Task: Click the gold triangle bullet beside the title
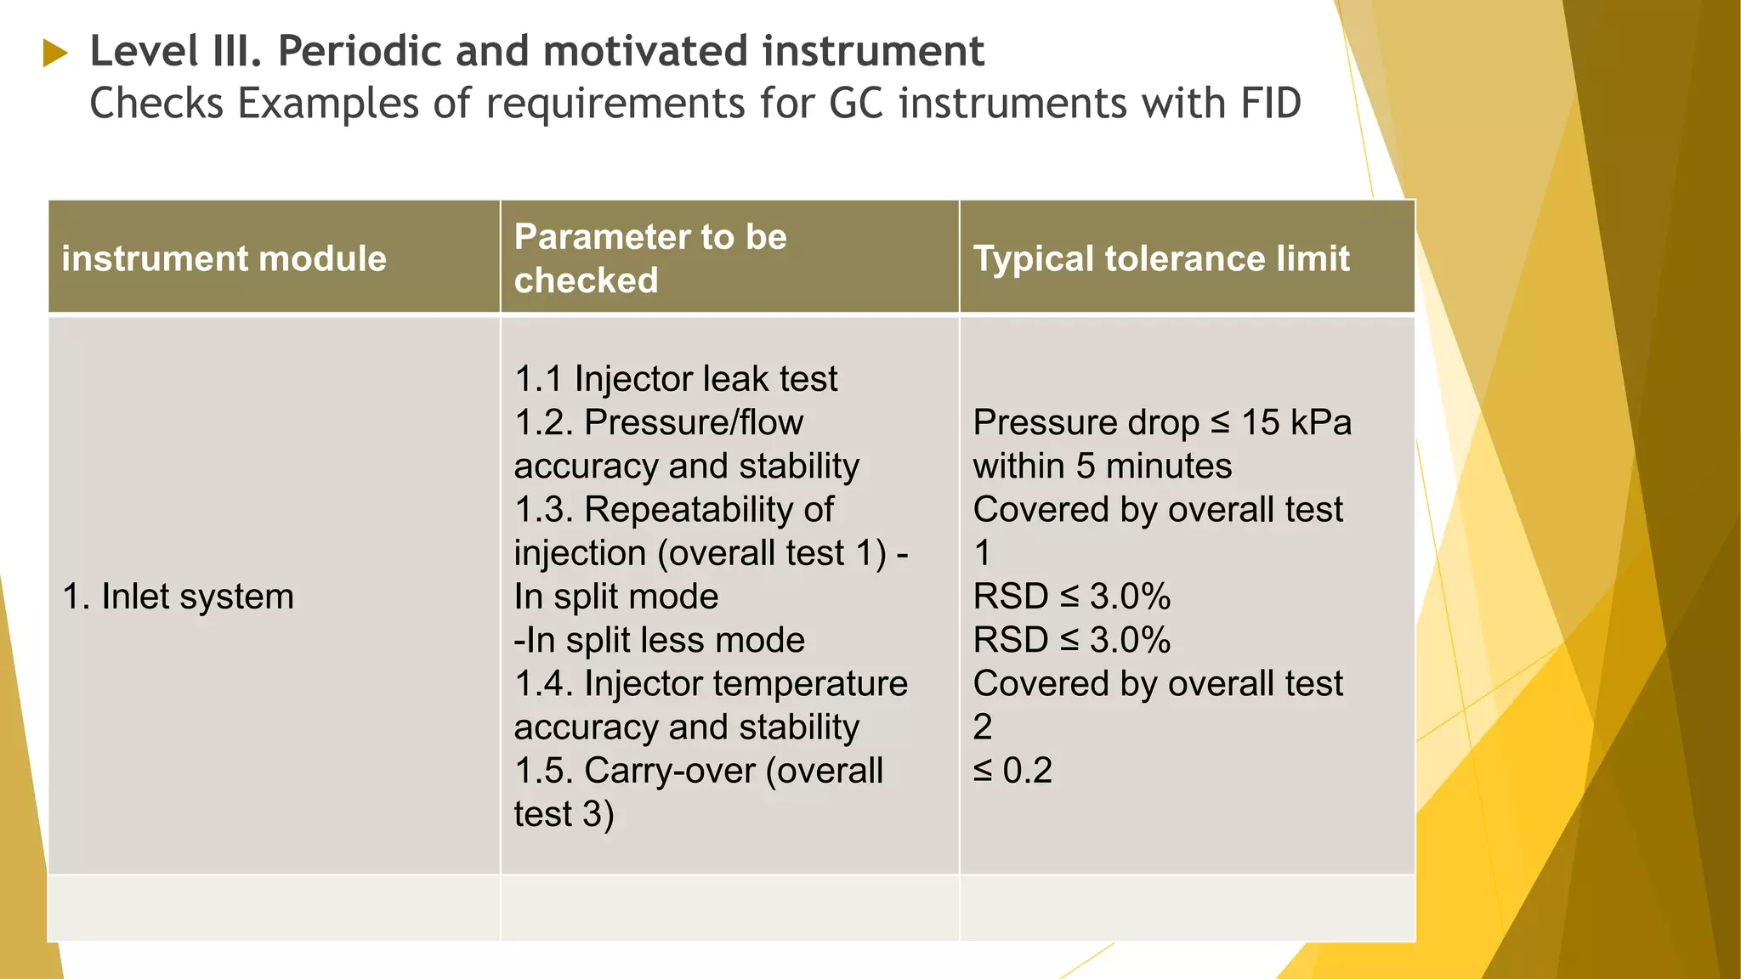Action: pos(54,53)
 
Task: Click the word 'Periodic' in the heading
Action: pos(358,51)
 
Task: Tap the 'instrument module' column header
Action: pos(224,258)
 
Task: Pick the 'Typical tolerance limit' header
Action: pos(1160,258)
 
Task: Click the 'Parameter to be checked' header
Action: pos(650,258)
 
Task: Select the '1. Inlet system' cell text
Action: pos(179,597)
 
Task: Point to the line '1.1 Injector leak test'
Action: pos(676,379)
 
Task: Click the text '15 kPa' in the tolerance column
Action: pos(1296,422)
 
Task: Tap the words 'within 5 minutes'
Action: pos(1102,466)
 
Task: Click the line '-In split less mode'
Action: pos(659,640)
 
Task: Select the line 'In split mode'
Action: pos(615,597)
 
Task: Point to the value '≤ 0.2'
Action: pos(1012,771)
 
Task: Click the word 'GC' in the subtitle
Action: pos(857,104)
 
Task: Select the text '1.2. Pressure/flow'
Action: pos(658,422)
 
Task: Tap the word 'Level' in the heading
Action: pos(143,51)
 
